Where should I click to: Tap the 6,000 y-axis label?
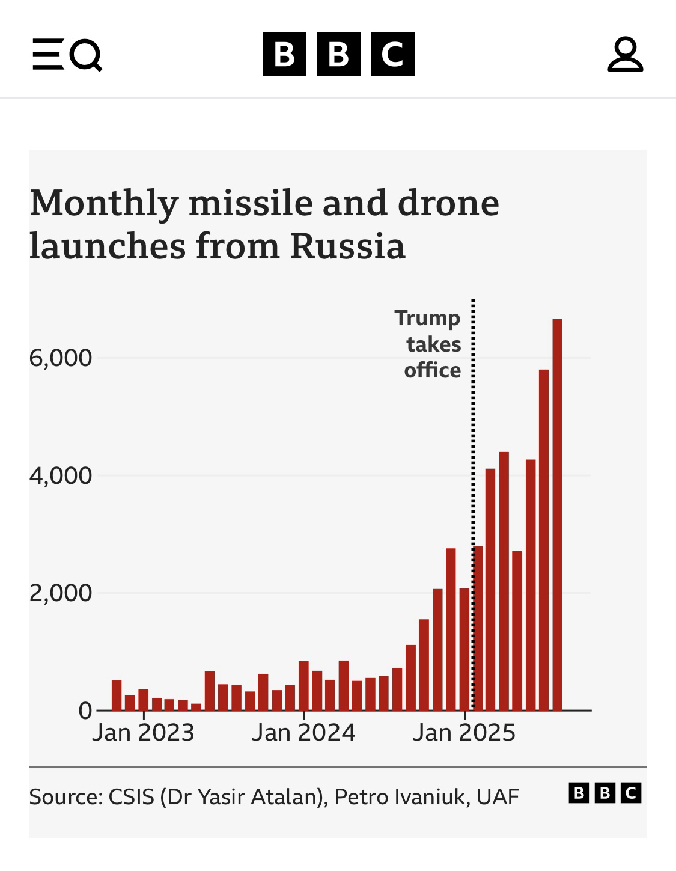(61, 358)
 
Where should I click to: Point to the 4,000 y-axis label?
(61, 476)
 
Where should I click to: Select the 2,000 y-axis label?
(61, 593)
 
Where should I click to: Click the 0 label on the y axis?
(85, 711)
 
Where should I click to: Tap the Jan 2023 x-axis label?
(143, 732)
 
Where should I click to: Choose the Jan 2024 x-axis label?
(303, 732)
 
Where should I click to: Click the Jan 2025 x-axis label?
(464, 732)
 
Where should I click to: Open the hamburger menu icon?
(47, 55)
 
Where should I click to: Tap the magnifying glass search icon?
(86, 55)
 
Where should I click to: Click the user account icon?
(625, 55)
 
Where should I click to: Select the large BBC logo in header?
(338, 55)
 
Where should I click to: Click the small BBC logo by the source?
(604, 793)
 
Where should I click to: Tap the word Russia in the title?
(347, 246)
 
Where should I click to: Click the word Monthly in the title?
(104, 203)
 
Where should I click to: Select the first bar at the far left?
(117, 695)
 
